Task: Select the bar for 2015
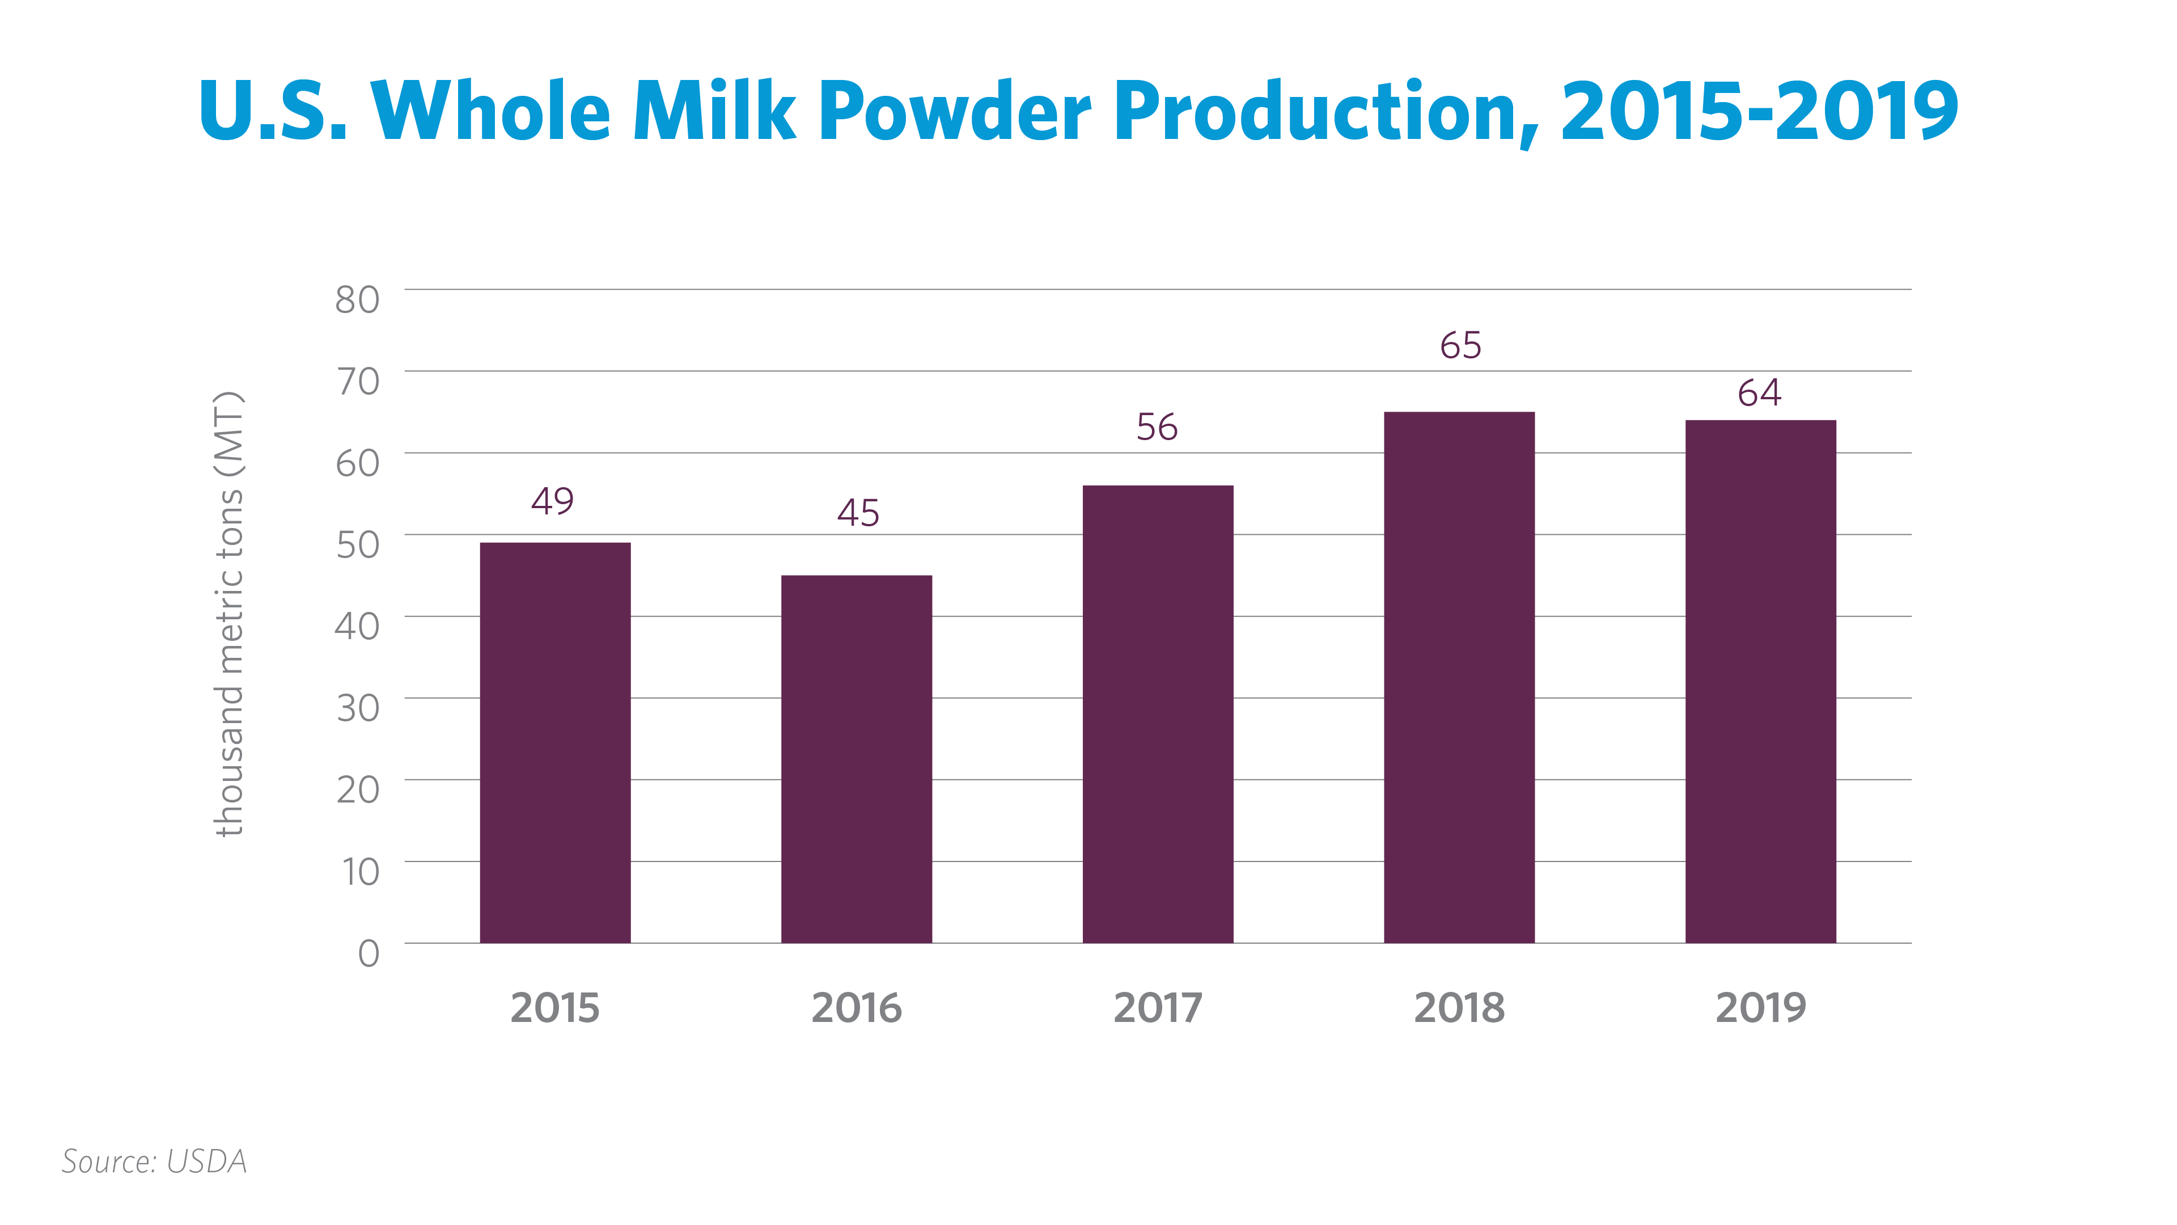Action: pos(555,742)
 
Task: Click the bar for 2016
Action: pos(856,759)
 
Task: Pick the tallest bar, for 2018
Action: pos(1459,677)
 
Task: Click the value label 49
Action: pos(553,500)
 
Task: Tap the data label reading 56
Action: pos(1157,427)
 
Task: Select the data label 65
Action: pos(1460,345)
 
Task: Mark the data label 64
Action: pos(1760,392)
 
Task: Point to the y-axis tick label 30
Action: pos(358,708)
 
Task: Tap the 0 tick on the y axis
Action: pos(369,953)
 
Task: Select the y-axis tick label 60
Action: pos(358,462)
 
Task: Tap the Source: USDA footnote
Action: pos(155,1161)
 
